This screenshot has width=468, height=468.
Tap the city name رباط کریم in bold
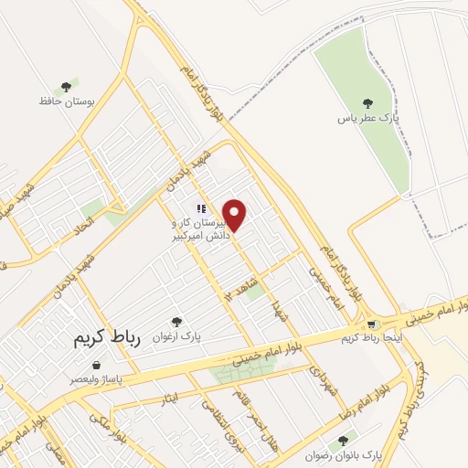coord(109,338)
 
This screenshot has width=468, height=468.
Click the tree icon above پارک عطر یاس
coord(368,104)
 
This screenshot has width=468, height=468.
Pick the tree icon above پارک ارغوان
coord(177,321)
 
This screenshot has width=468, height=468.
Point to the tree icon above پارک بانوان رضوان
coord(343,440)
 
